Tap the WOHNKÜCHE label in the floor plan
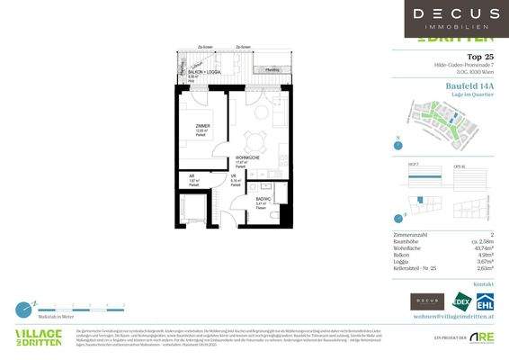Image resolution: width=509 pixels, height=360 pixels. [x=248, y=159]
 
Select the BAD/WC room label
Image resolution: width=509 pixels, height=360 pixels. [x=263, y=201]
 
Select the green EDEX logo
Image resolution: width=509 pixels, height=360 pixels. [x=460, y=301]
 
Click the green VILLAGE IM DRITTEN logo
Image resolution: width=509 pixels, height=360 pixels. [x=39, y=337]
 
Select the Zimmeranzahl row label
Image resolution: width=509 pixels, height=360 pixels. [x=413, y=232]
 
